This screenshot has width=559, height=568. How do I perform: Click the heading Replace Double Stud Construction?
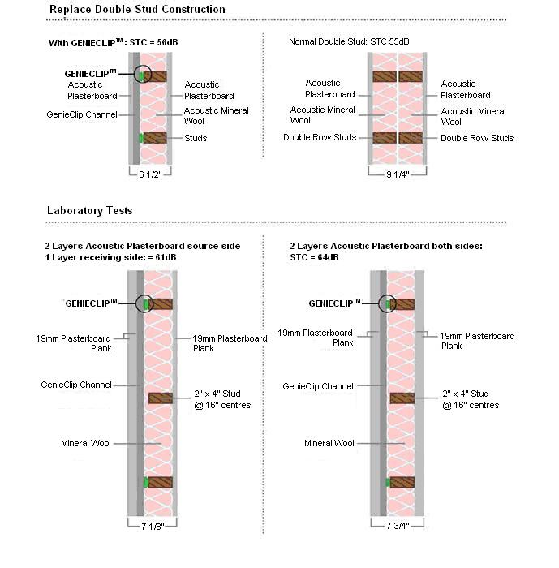pyautogui.click(x=137, y=10)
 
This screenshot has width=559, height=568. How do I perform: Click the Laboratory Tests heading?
pyautogui.click(x=89, y=211)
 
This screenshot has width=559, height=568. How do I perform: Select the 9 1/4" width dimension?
pyautogui.click(x=398, y=173)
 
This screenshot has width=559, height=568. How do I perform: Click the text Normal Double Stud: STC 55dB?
pyautogui.click(x=349, y=41)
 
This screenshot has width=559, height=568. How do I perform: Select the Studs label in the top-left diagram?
pyautogui.click(x=196, y=138)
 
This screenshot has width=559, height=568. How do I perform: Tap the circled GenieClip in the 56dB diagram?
pyautogui.click(x=143, y=75)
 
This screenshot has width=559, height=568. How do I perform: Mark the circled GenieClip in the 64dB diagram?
pyautogui.click(x=389, y=303)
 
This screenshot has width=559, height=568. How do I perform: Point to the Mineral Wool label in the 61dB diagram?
pyautogui.click(x=85, y=443)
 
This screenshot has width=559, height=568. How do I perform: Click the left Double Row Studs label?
pyautogui.click(x=320, y=138)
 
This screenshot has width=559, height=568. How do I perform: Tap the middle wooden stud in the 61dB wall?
pyautogui.click(x=161, y=398)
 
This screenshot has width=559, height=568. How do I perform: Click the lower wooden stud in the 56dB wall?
pyautogui.click(x=155, y=138)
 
